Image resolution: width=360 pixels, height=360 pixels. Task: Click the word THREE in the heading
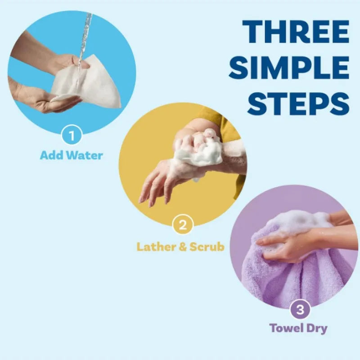click(296, 32)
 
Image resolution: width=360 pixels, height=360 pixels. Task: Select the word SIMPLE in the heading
click(292, 68)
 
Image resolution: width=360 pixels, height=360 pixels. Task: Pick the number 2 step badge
click(182, 225)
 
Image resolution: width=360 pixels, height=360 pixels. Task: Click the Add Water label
click(72, 156)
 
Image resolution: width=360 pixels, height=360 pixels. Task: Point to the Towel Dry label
click(298, 328)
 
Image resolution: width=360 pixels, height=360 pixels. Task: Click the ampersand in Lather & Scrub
click(181, 247)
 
